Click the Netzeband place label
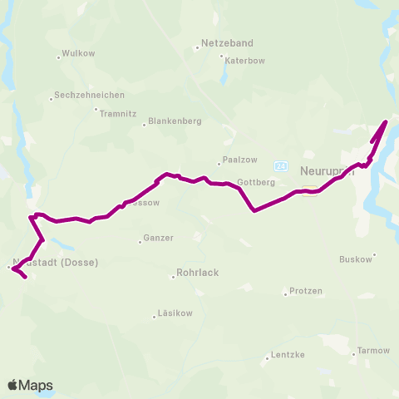(228, 42)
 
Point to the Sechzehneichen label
(89, 95)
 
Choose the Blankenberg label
(175, 122)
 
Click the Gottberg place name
(254, 181)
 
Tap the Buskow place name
(356, 259)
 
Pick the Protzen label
(305, 291)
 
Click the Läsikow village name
(174, 314)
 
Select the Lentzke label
(288, 355)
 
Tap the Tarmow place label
(373, 351)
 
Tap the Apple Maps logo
(29, 385)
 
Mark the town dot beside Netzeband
(197, 47)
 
